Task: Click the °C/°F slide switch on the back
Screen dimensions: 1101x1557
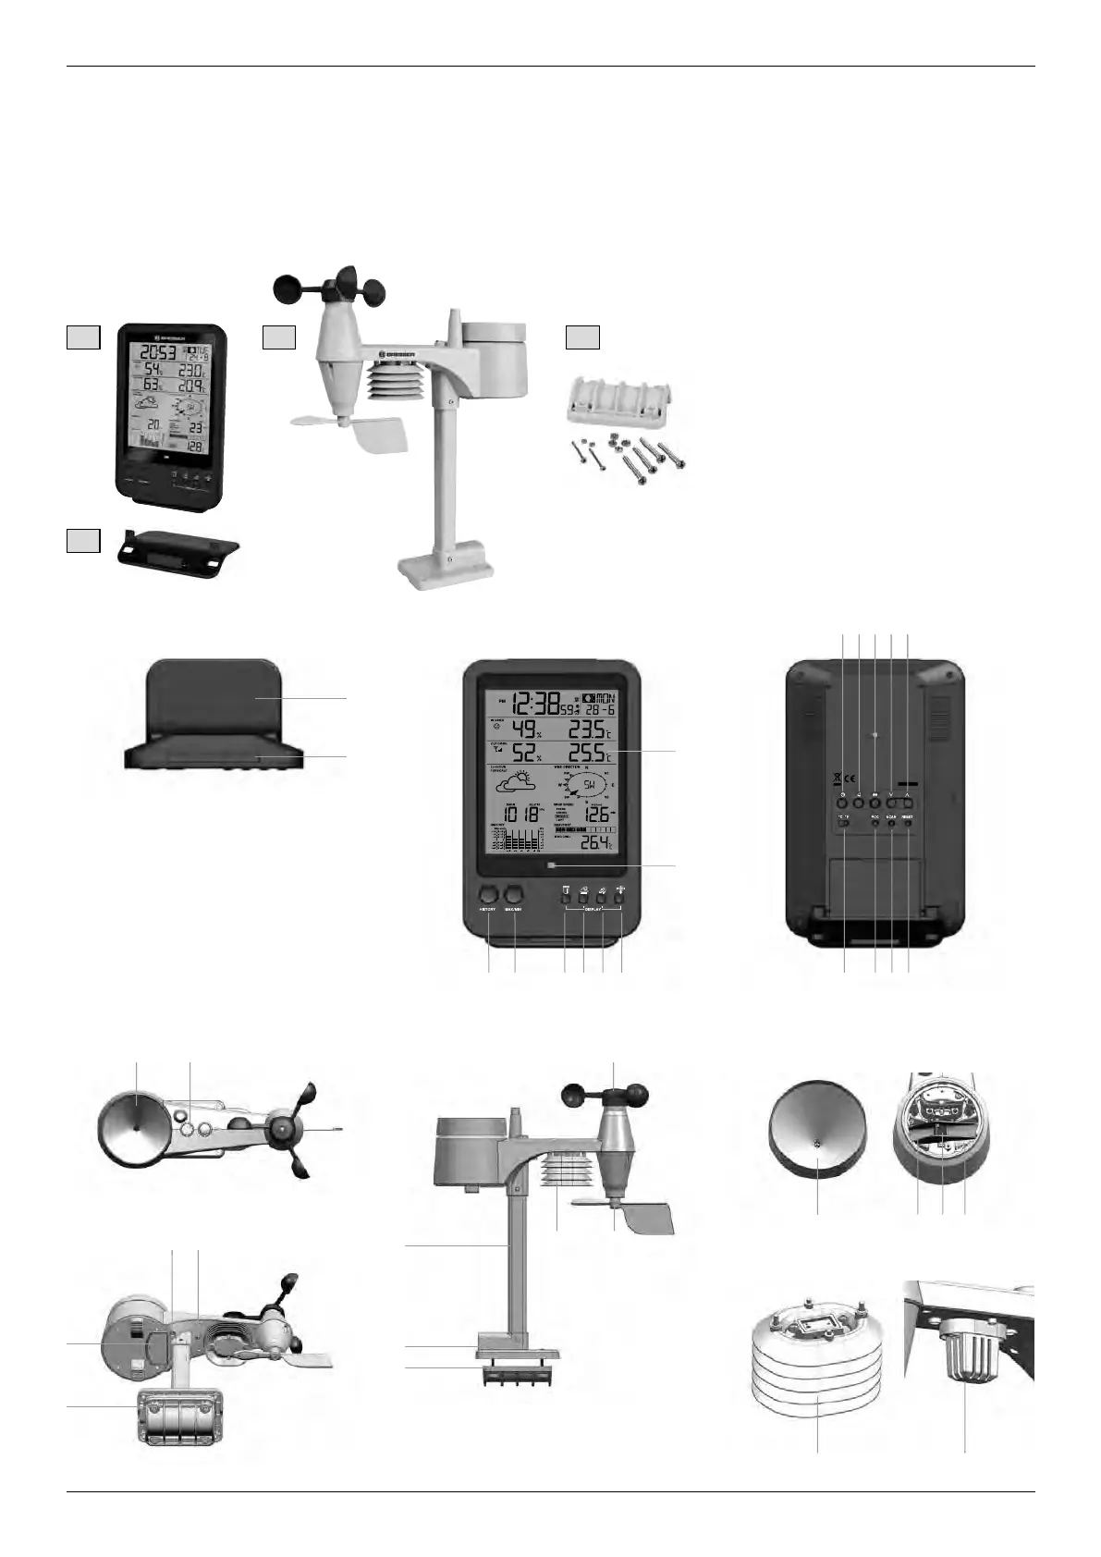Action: click(843, 832)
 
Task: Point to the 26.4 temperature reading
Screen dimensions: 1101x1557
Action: click(593, 843)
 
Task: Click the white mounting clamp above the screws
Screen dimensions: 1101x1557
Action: click(617, 414)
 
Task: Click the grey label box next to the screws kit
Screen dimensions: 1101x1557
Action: click(582, 338)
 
